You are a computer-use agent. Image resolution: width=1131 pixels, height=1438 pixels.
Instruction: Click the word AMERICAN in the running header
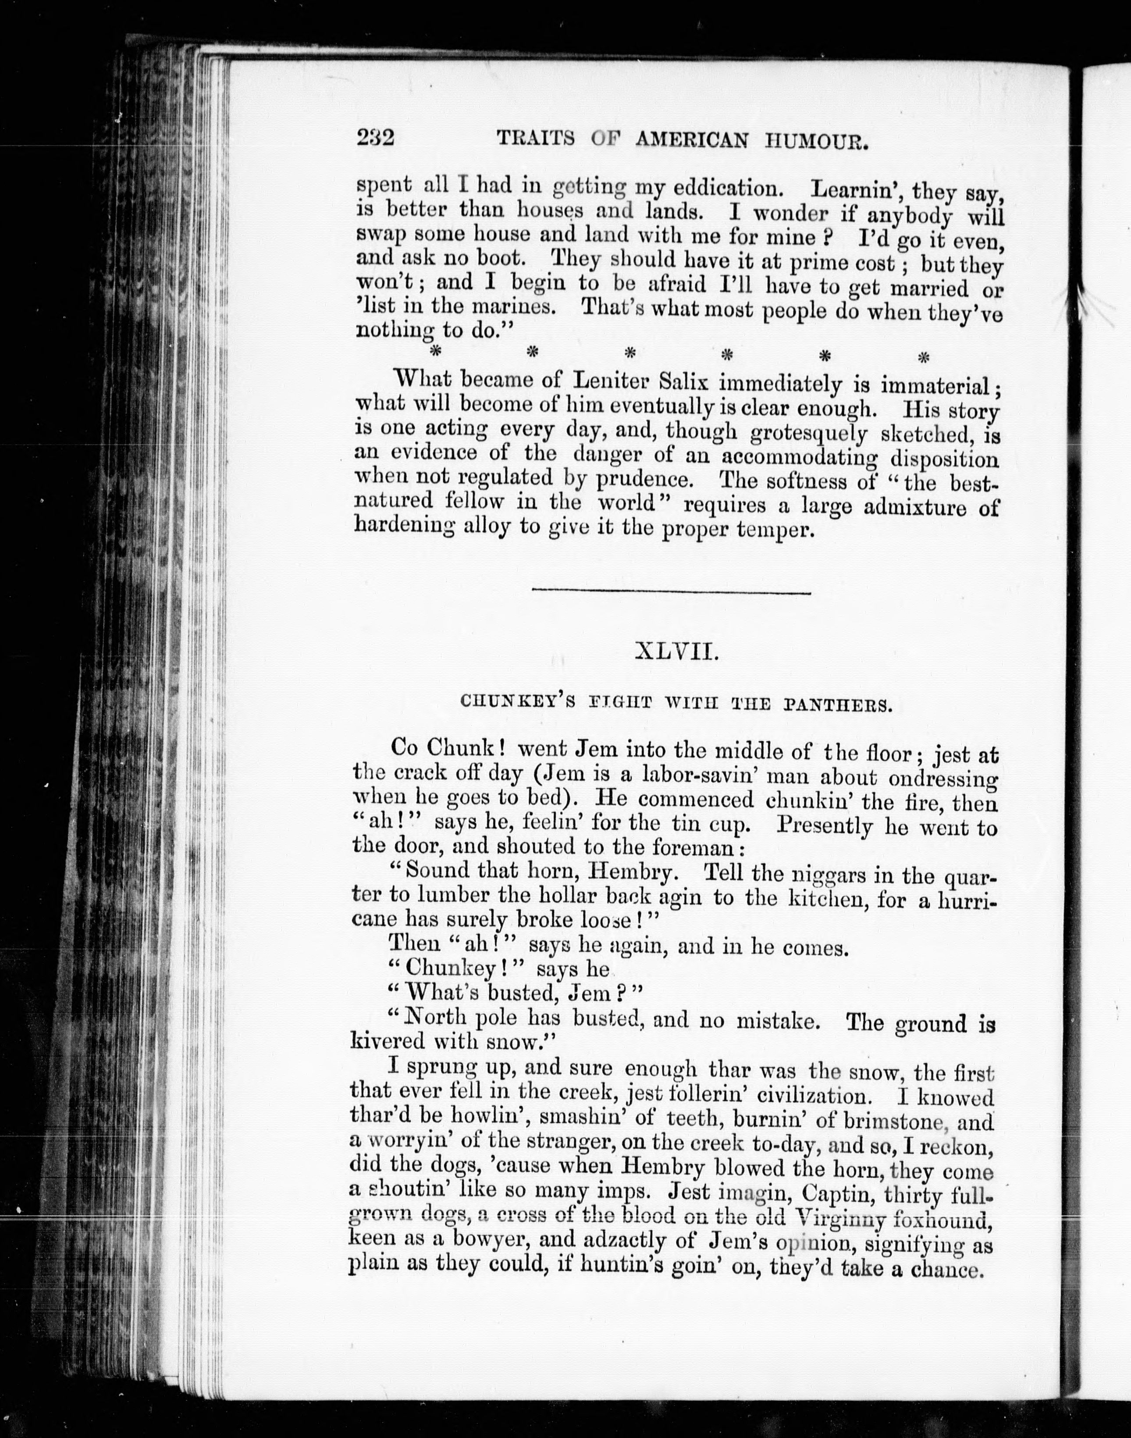tap(692, 140)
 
